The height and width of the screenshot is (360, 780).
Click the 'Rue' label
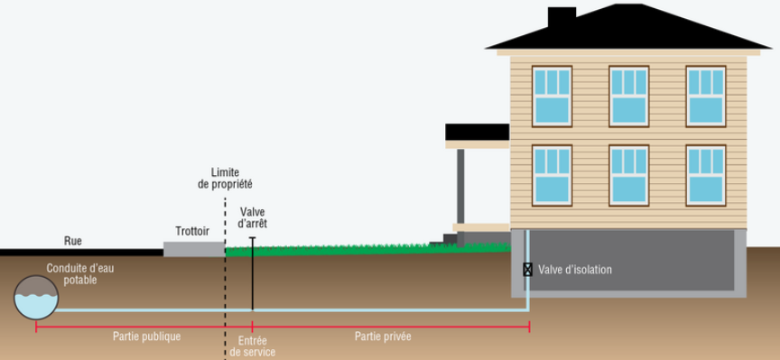(x=72, y=241)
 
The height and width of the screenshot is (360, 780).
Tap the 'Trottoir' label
(x=192, y=231)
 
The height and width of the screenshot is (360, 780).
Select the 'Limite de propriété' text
(x=225, y=179)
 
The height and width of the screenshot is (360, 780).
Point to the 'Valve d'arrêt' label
(x=253, y=217)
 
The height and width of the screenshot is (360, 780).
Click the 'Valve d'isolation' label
(x=575, y=270)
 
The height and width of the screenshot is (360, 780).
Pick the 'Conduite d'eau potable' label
(x=80, y=274)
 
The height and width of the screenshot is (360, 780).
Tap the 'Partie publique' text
(x=147, y=337)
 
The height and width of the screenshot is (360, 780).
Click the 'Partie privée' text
(x=383, y=337)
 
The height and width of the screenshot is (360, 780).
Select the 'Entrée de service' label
(x=253, y=346)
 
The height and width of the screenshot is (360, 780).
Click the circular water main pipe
(x=36, y=298)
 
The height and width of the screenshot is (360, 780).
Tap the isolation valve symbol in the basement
(x=527, y=270)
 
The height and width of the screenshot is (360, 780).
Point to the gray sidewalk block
(x=194, y=249)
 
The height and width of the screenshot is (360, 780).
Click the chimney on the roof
(x=562, y=18)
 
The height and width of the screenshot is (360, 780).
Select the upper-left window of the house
(x=552, y=97)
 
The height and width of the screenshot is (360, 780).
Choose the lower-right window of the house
(x=706, y=176)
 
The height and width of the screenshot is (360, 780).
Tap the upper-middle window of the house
(x=629, y=97)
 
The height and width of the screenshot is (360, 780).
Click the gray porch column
(x=460, y=198)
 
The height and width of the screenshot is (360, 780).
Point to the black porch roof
(x=477, y=132)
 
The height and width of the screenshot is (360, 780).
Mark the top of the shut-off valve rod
(x=252, y=237)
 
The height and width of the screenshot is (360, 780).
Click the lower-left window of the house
(x=552, y=176)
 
